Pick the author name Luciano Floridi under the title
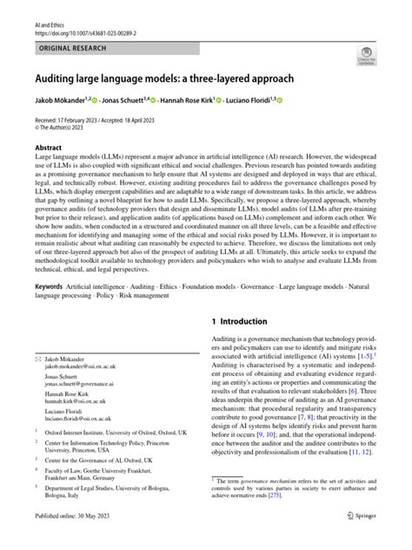point(293,103)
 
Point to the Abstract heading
point(49,147)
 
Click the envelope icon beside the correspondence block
point(37,359)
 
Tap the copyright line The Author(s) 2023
point(66,130)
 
